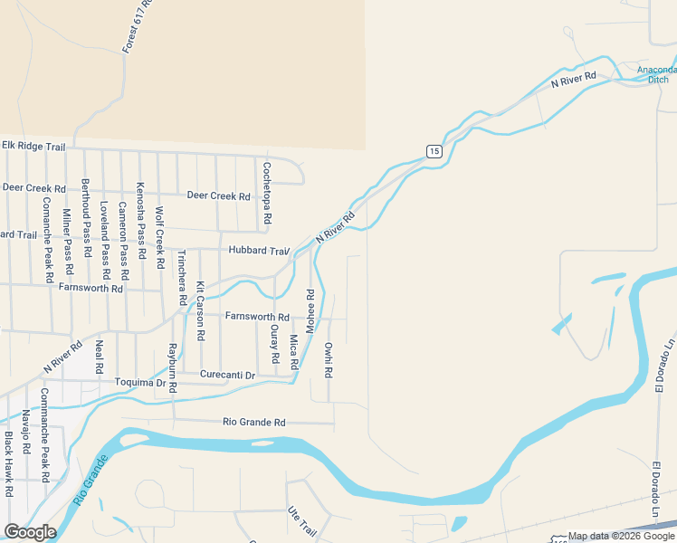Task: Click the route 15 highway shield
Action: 434,150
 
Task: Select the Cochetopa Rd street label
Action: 266,194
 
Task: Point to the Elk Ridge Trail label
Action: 33,145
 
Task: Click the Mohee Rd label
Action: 310,310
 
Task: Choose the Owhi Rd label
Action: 329,358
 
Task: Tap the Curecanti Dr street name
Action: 228,375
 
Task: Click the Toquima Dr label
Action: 141,383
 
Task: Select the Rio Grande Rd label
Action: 254,422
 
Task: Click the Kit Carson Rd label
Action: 201,310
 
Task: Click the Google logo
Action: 30,532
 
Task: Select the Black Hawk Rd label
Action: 8,463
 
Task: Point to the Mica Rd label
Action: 293,351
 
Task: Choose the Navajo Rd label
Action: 25,433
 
